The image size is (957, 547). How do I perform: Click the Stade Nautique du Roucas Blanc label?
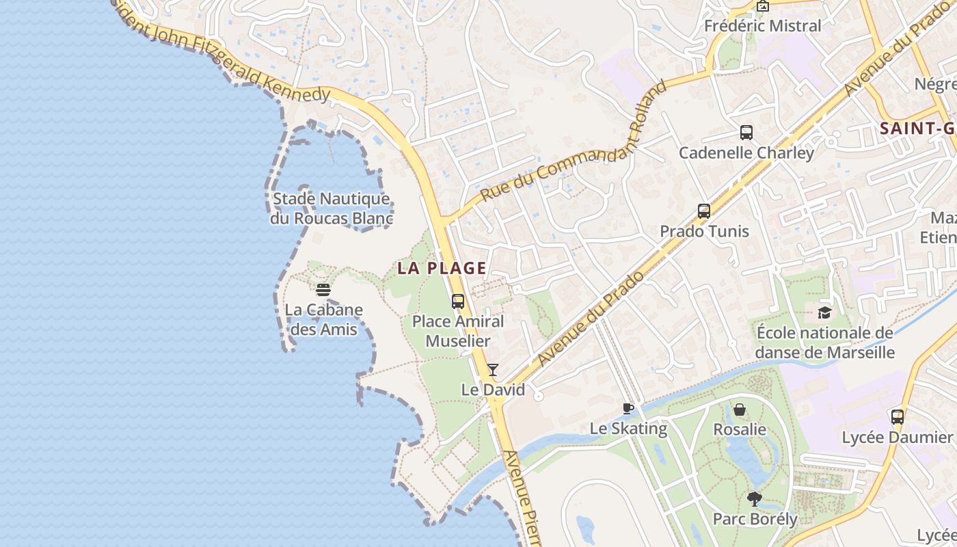(x=332, y=209)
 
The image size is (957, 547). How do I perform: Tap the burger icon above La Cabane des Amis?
(x=323, y=289)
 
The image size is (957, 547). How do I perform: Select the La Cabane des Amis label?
(x=323, y=319)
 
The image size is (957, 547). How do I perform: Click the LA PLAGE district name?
(x=442, y=268)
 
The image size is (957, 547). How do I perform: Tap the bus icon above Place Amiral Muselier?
(x=458, y=301)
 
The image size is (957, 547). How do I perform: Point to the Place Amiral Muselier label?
(x=458, y=331)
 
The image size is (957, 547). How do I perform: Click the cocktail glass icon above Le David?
(x=492, y=370)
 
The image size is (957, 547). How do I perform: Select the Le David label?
(x=493, y=390)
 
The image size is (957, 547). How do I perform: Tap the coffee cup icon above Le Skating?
(x=628, y=409)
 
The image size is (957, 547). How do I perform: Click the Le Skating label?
(x=628, y=429)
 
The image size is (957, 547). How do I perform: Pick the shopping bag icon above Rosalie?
(x=740, y=410)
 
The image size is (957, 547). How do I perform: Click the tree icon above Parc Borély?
(x=755, y=498)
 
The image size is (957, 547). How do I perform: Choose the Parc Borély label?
(x=755, y=519)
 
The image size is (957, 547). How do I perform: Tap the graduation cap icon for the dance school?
(x=824, y=312)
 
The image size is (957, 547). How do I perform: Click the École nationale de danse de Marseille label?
(x=825, y=343)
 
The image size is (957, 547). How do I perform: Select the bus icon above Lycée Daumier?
(x=898, y=416)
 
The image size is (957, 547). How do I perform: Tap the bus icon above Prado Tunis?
(x=704, y=211)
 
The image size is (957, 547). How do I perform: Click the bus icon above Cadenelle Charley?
(x=746, y=133)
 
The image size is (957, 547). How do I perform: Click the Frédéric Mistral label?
(x=763, y=26)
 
